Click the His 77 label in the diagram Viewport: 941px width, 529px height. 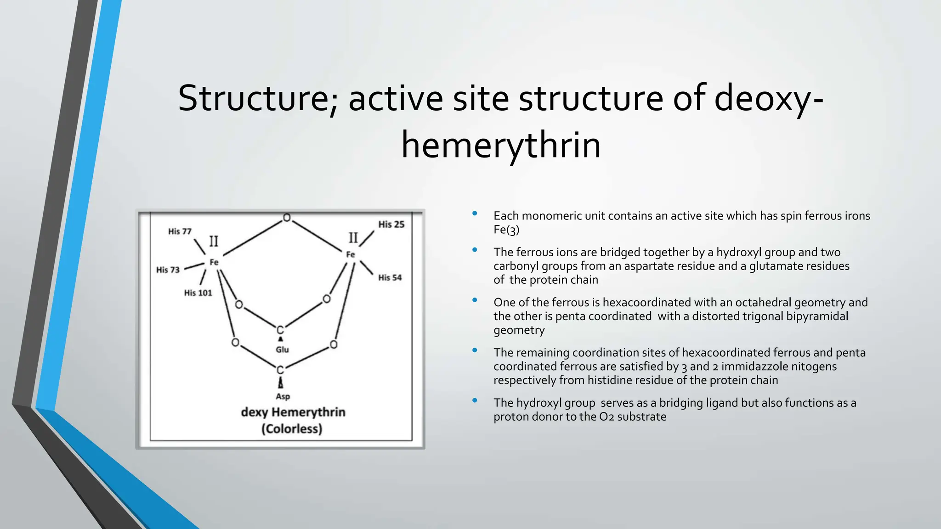coord(180,231)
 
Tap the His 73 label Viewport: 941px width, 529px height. coord(168,270)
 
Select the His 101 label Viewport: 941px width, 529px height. coord(198,293)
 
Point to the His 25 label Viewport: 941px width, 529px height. coord(391,225)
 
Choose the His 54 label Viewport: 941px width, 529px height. coord(390,278)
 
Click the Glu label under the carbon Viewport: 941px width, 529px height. coord(282,350)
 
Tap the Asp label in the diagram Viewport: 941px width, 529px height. coord(283,397)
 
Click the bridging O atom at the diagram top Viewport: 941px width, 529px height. coord(287,218)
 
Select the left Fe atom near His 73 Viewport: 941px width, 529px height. coord(214,262)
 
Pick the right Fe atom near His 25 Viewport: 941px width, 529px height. coord(351,254)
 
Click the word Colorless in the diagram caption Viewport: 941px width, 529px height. coord(292,429)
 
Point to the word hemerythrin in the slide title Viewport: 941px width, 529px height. coord(501,146)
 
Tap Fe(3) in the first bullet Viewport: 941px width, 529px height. coord(506,230)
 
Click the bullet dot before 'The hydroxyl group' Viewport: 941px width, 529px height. coord(475,401)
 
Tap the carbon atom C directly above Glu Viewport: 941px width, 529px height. coord(280,330)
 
